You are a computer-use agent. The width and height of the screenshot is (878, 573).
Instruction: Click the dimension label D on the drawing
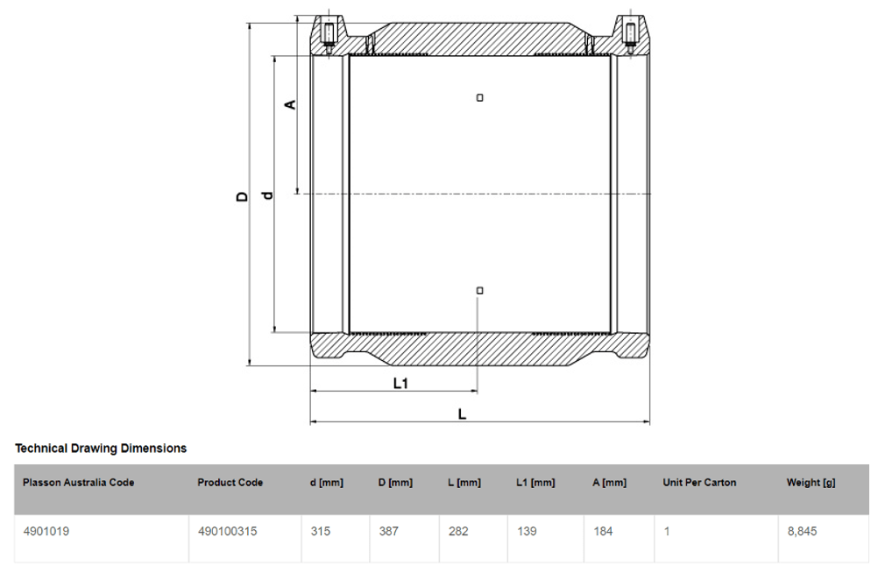tap(243, 196)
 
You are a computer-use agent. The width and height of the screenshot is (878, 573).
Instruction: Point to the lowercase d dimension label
tap(267, 195)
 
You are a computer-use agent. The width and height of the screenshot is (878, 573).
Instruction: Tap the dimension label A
tap(291, 104)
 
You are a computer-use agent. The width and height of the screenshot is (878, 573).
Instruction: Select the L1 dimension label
tap(400, 383)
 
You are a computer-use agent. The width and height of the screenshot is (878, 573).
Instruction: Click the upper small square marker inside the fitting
tap(479, 97)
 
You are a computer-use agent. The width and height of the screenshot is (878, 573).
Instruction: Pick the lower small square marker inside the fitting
tap(479, 290)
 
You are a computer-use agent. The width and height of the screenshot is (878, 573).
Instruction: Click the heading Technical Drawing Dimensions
tap(101, 449)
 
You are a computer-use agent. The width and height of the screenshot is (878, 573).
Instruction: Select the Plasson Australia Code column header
tap(79, 483)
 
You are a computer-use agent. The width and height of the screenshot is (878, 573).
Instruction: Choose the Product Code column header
tap(230, 483)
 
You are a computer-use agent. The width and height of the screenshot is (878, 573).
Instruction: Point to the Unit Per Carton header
tap(699, 483)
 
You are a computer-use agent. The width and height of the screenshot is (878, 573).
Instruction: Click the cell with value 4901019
tap(46, 531)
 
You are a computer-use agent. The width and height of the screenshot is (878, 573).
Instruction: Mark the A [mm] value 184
tap(603, 531)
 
